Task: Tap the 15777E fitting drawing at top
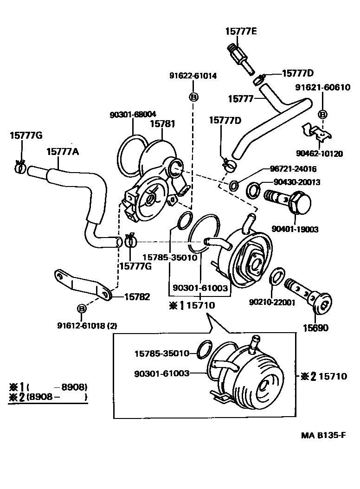coord(239,58)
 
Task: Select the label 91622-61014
coord(193,76)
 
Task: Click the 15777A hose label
coord(63,151)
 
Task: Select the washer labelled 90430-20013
coord(253,190)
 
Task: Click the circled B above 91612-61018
coord(82,308)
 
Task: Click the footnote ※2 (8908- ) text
coord(48,397)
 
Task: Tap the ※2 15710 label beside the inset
coord(324,376)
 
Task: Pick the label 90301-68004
coord(133,114)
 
